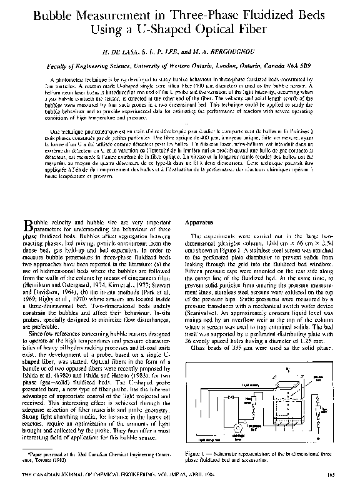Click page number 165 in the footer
[x=331, y=478]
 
